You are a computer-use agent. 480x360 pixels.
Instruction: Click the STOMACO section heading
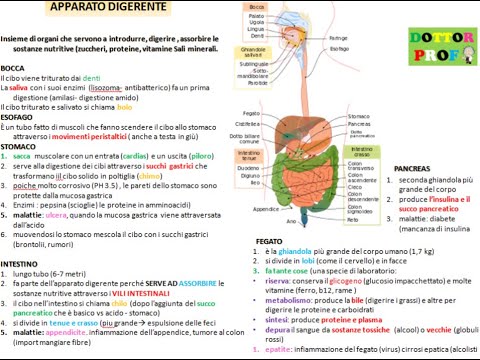point(18,146)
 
